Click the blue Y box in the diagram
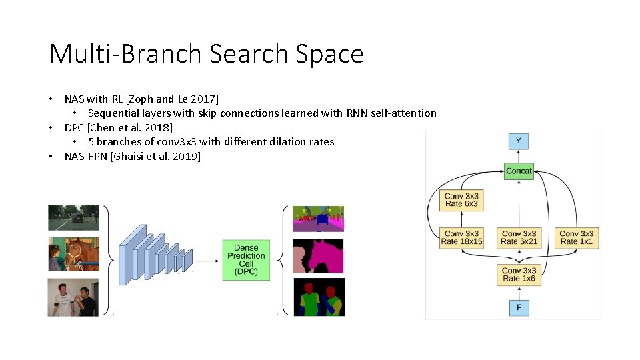(x=518, y=141)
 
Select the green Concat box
(x=519, y=171)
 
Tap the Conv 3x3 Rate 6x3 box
(x=461, y=199)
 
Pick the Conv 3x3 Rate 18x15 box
(x=461, y=237)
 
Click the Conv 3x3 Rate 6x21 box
(x=519, y=237)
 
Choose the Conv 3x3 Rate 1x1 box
(x=577, y=237)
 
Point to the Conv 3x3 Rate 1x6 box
(x=519, y=274)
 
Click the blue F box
(x=519, y=307)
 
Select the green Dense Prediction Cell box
(x=246, y=259)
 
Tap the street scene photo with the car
(x=73, y=217)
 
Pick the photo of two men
(x=73, y=297)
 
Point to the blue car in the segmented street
(x=323, y=218)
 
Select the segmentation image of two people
(x=319, y=297)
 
